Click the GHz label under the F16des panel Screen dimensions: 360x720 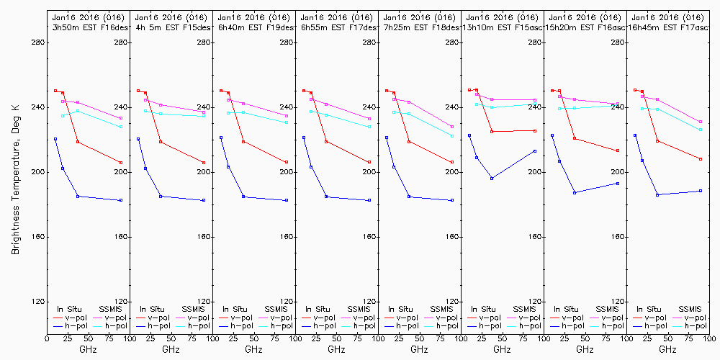click(88, 349)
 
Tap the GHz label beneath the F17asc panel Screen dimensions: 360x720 click(667, 349)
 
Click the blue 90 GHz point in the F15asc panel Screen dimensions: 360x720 click(535, 150)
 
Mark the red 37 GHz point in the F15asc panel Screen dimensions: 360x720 click(492, 132)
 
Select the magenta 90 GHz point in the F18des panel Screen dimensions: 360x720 click(452, 127)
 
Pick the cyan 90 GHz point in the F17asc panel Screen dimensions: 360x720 click(701, 130)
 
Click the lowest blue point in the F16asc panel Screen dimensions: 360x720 click(575, 192)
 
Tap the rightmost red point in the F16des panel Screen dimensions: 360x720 click(121, 163)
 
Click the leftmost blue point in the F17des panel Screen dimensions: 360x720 click(304, 138)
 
